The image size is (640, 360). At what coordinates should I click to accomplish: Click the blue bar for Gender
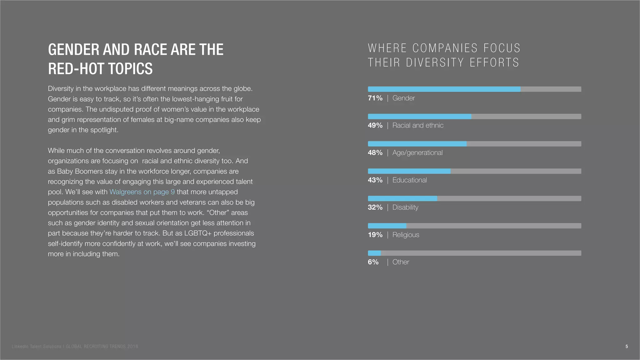[444, 89]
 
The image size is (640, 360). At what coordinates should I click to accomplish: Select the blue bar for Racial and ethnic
[419, 117]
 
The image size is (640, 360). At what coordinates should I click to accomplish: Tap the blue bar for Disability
[402, 198]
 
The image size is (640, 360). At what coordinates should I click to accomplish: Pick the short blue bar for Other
[374, 253]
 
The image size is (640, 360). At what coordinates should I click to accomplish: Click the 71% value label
[375, 98]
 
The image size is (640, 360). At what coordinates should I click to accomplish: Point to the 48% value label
[375, 153]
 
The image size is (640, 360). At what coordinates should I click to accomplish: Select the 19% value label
[375, 235]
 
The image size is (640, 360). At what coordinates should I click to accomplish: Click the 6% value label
[373, 262]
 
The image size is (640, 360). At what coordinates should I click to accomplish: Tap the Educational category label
[409, 180]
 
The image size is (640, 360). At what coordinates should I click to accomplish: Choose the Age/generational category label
[417, 153]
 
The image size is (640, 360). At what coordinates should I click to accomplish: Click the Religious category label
[406, 235]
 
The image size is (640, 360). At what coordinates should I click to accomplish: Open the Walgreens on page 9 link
[142, 192]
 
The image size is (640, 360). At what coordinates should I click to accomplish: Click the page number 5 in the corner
[627, 346]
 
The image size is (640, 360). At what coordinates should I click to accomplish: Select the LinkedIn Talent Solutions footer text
[37, 347]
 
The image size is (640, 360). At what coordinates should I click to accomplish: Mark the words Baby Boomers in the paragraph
[80, 171]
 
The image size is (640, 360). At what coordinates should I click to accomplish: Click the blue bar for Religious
[387, 226]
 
